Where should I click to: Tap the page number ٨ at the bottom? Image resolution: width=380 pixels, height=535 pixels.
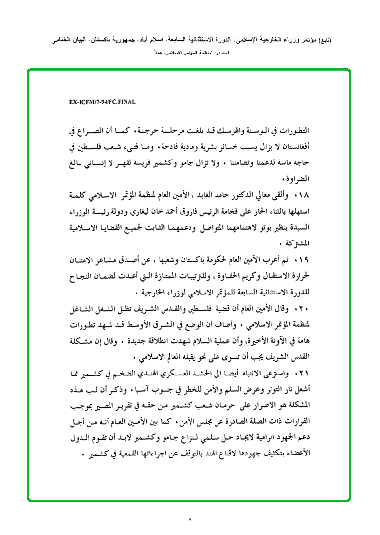tap(190, 518)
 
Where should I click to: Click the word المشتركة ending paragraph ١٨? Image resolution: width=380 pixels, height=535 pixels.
tap(301, 242)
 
